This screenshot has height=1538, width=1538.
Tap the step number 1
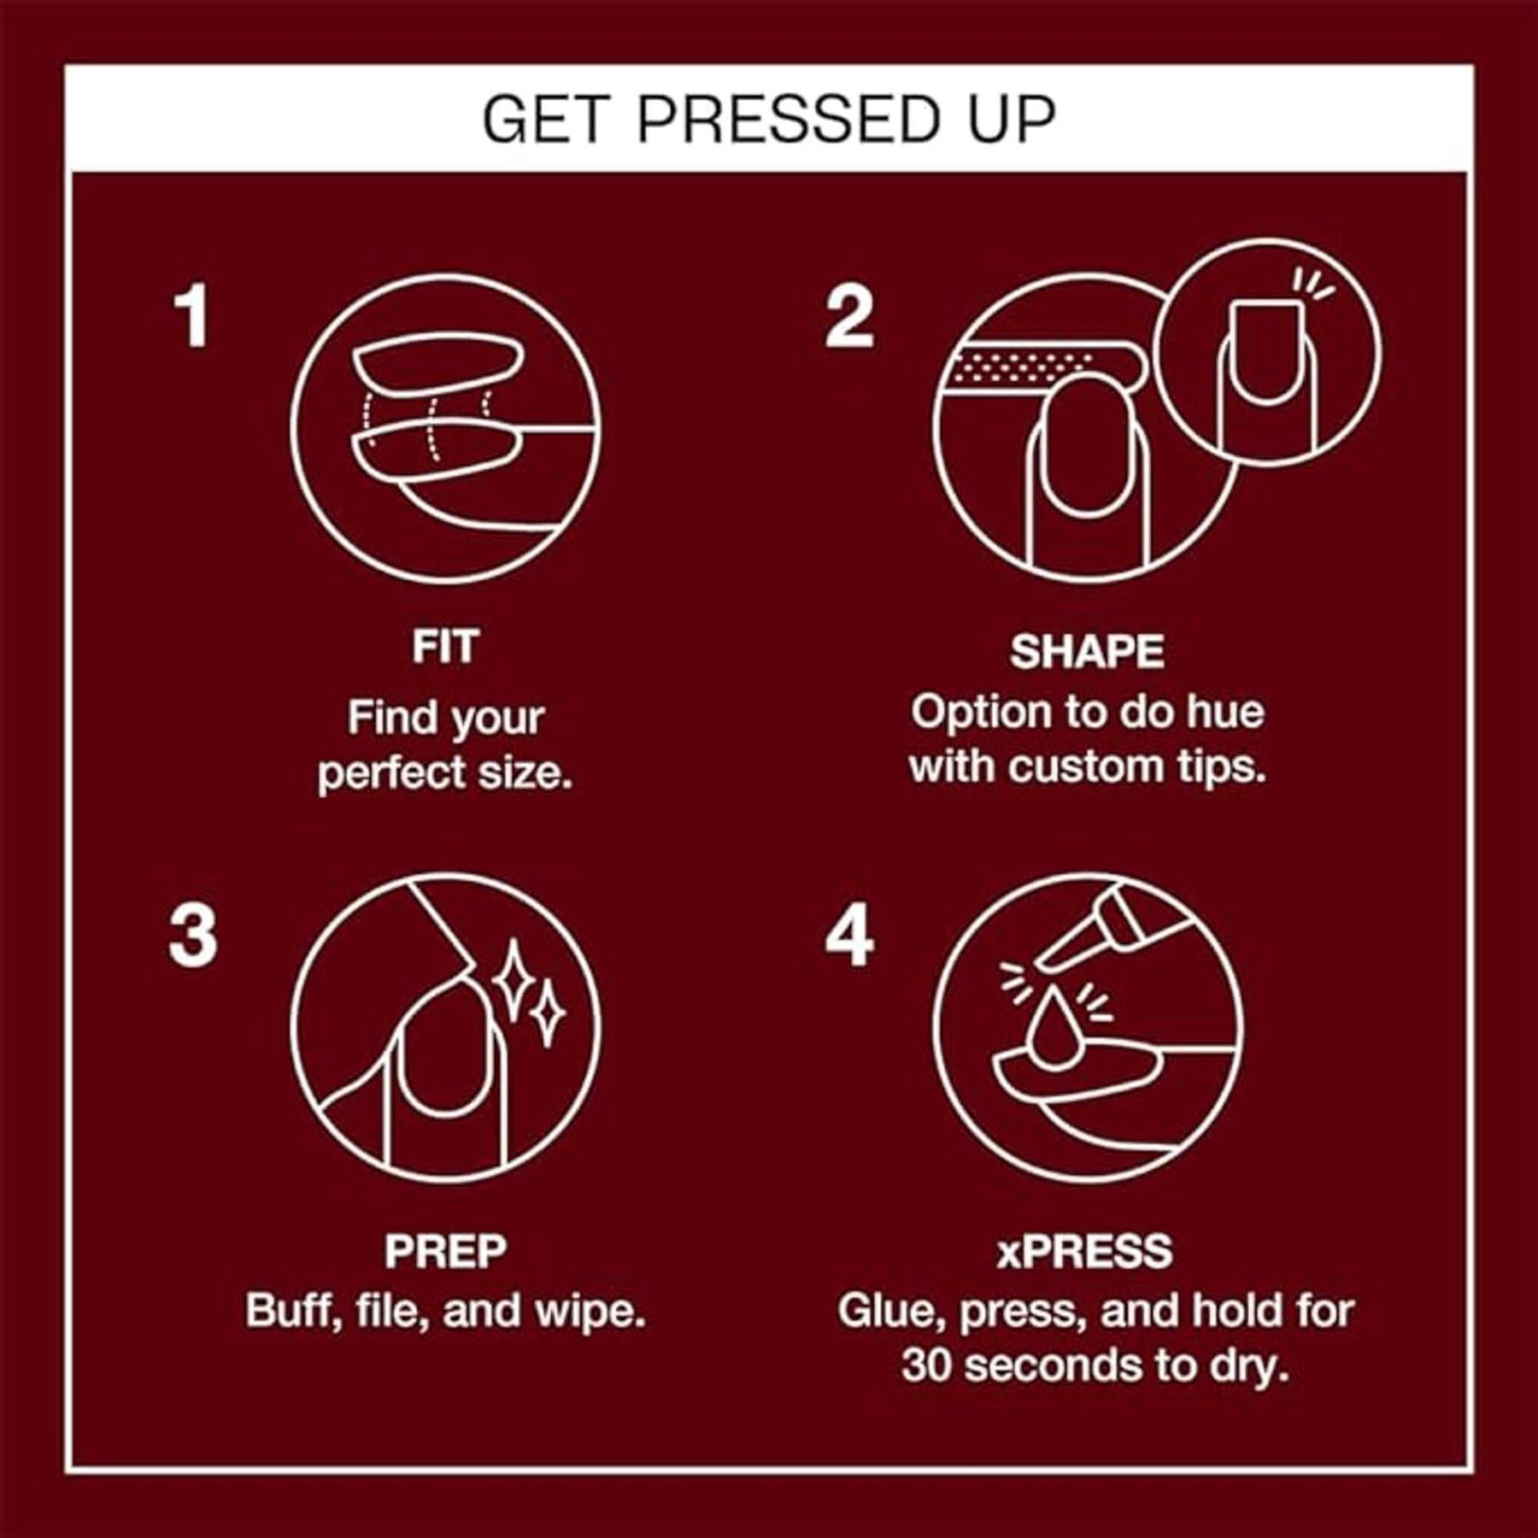pyautogui.click(x=192, y=316)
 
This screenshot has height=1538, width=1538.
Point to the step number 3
pyautogui.click(x=193, y=936)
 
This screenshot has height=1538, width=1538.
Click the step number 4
pyautogui.click(x=849, y=936)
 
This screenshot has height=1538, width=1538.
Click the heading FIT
pyautogui.click(x=445, y=647)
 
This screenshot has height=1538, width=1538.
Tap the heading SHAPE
pyautogui.click(x=1087, y=652)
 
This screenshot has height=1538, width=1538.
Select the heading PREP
pyautogui.click(x=445, y=1252)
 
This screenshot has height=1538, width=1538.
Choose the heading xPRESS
pyautogui.click(x=1085, y=1252)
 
